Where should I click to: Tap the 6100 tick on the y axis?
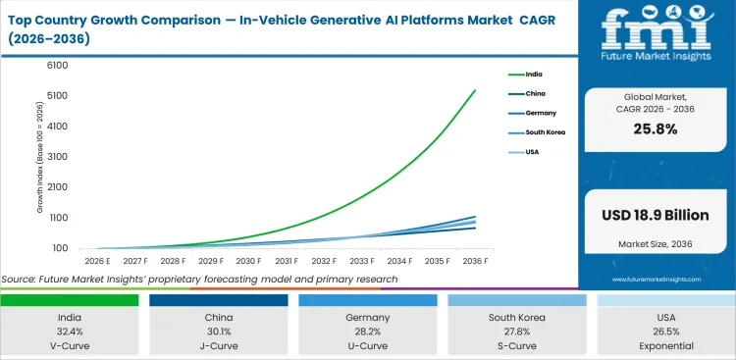coord(57,66)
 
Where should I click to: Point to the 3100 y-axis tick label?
coord(57,157)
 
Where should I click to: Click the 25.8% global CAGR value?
coord(656,129)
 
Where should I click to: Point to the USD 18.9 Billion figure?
coord(656,214)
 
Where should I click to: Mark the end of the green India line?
coord(475,90)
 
